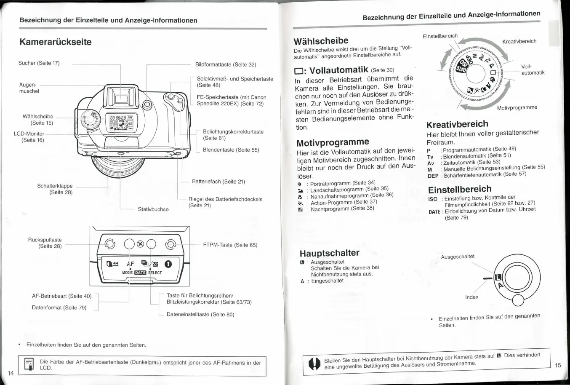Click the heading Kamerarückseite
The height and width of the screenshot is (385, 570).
[x=55, y=42]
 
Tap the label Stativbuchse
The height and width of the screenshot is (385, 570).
[x=153, y=209]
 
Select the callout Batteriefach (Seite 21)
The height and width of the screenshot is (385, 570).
[x=218, y=182]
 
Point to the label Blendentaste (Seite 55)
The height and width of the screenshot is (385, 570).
[x=231, y=150]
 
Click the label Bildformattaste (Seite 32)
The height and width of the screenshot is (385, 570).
[x=225, y=64]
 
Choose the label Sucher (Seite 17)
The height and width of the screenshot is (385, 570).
[x=39, y=63]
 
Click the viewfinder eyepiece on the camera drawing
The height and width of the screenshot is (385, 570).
[x=121, y=99]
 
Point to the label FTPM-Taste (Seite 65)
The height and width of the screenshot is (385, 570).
[x=230, y=245]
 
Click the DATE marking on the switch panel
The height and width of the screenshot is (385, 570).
[x=140, y=273]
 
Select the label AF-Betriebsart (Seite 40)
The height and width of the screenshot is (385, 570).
[x=61, y=296]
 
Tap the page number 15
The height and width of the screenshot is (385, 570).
[x=558, y=365]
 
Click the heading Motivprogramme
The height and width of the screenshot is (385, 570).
[x=333, y=142]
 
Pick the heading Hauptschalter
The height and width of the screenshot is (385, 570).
[x=329, y=253]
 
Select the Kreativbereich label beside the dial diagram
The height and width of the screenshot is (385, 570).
[x=519, y=41]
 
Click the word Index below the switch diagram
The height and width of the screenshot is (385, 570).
[x=471, y=297]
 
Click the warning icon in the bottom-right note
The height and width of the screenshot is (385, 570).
[x=314, y=364]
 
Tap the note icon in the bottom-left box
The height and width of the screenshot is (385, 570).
[x=29, y=364]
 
